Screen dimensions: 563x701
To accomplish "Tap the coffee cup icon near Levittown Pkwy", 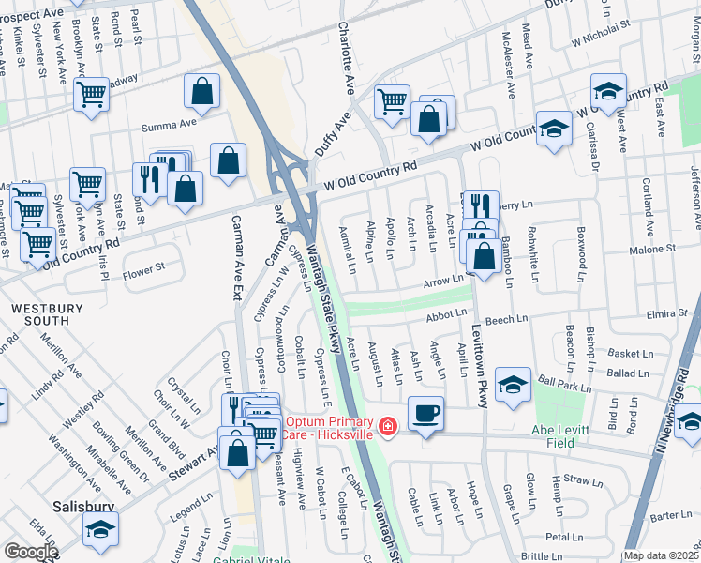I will [425, 413].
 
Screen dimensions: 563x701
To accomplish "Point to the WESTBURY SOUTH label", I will [39, 314].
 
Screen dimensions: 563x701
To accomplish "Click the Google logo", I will [30, 552].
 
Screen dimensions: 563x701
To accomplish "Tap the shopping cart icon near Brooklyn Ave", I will [91, 94].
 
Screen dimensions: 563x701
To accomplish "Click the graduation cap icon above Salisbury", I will [99, 529].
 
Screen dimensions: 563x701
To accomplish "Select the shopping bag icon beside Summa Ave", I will [201, 91].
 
